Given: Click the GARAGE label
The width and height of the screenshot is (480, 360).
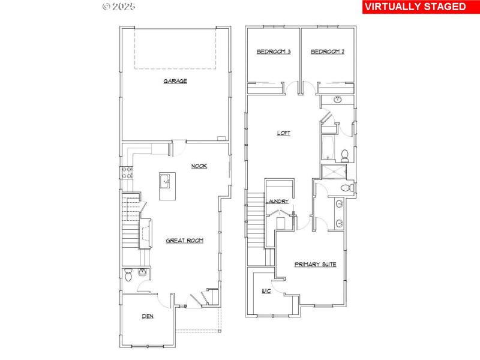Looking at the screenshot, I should click(175, 81).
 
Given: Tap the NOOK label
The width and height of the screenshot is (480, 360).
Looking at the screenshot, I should click(199, 166).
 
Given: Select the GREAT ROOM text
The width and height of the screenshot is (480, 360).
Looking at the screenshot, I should click(185, 241).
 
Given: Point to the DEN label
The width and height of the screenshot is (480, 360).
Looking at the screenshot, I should click(148, 316).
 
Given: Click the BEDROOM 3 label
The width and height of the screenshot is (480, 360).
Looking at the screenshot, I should click(274, 52).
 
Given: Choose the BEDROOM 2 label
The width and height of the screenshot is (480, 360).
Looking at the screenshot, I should click(328, 52).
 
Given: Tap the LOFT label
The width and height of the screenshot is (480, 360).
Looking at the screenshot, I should click(284, 133).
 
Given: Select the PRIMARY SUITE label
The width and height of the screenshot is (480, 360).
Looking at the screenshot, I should click(315, 264).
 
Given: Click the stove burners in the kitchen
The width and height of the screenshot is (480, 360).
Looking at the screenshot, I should click(127, 173).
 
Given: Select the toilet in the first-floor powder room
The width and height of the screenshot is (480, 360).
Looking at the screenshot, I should click(128, 274).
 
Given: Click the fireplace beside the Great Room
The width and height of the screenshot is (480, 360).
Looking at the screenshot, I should click(145, 233).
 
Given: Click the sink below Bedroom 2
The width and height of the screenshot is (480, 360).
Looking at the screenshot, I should click(337, 100).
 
